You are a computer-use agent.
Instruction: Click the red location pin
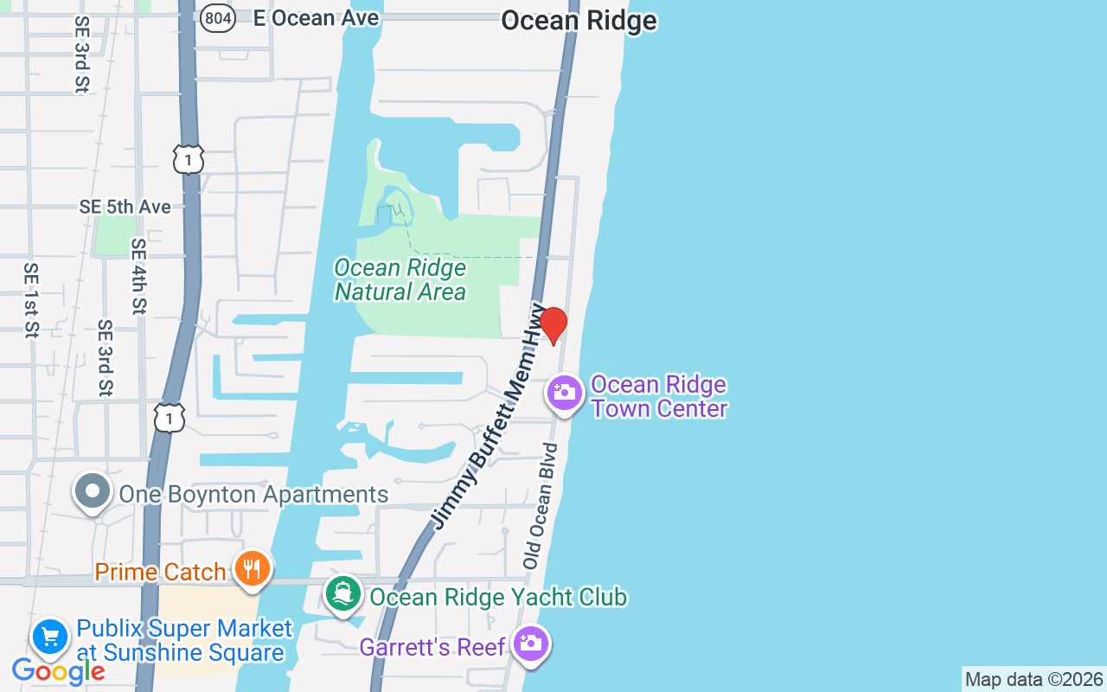[x=553, y=325]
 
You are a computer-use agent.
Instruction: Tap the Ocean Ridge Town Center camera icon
[x=564, y=394]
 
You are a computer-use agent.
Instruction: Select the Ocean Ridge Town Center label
[x=659, y=396]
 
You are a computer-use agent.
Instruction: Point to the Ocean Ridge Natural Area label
[x=400, y=280]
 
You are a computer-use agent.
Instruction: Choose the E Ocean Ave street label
[x=316, y=18]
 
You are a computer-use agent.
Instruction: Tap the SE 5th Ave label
[x=125, y=207]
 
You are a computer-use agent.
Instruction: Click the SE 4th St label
[x=138, y=276]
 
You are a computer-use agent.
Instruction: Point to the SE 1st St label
[x=31, y=299]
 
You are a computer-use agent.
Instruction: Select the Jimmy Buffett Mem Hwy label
[x=490, y=415]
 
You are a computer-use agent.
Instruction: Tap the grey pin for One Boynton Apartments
[x=93, y=491]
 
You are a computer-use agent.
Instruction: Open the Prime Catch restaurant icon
[x=252, y=568]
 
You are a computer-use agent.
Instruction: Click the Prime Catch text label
[x=160, y=572]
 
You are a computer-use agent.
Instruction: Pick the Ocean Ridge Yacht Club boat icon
[x=343, y=594]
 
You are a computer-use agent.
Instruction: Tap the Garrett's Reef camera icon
[x=530, y=644]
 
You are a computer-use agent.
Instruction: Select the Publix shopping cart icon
[x=50, y=638]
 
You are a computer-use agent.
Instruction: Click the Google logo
[x=59, y=670]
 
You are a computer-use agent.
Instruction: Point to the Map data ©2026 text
[x=1033, y=679]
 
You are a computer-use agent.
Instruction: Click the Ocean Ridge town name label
[x=579, y=20]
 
